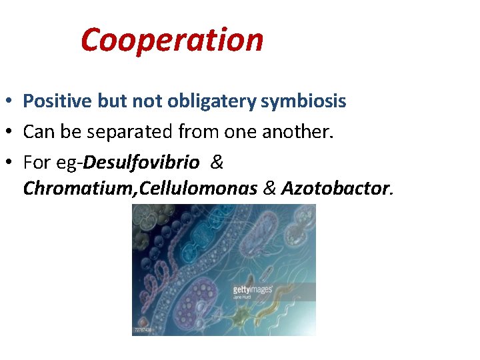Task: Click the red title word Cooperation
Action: point(172,40)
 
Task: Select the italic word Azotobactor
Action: point(334,189)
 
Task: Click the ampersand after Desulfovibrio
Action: point(217,162)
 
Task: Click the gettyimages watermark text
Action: point(253,289)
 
